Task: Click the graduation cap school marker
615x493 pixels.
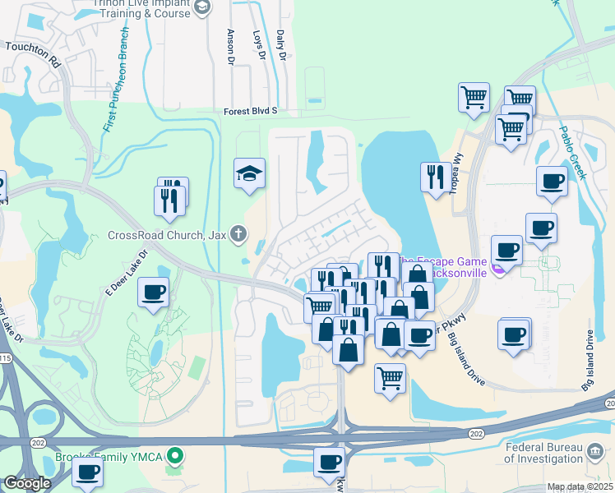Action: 249,174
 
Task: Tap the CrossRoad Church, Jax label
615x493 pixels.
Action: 167,234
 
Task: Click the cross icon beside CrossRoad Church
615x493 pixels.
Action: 238,234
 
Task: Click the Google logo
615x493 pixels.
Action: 27,482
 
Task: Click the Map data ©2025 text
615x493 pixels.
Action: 580,486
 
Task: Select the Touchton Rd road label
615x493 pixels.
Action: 34,53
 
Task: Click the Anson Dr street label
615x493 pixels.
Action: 231,47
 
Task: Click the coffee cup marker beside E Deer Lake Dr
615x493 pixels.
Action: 154,292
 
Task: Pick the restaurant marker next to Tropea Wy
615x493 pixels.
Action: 434,176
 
